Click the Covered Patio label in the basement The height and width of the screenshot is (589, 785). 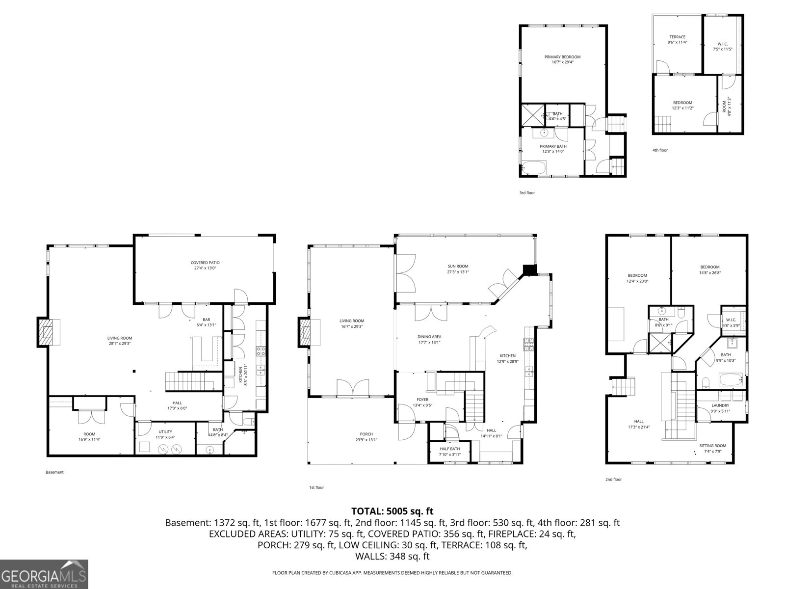click(205, 266)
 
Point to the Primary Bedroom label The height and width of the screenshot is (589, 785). click(562, 59)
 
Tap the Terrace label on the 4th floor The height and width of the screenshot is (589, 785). click(677, 39)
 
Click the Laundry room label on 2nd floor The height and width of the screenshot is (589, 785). click(720, 408)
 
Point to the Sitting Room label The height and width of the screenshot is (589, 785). click(712, 448)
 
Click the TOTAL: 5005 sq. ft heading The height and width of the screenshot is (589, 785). click(392, 511)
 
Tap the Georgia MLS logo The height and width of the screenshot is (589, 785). click(44, 574)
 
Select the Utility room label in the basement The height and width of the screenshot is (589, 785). click(165, 434)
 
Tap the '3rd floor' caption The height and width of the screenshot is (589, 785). click(527, 193)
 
